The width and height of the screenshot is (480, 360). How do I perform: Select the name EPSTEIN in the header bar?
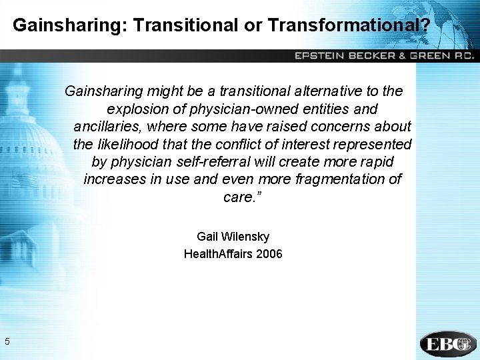point(321,56)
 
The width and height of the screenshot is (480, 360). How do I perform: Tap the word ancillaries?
point(109,126)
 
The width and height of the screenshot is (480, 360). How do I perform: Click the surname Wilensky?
point(245,237)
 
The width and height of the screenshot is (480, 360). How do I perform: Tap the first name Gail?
point(208,237)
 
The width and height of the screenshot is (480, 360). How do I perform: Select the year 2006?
point(269,254)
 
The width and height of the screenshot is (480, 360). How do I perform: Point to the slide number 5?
point(7,342)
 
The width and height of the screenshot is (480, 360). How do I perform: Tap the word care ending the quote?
point(237,197)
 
